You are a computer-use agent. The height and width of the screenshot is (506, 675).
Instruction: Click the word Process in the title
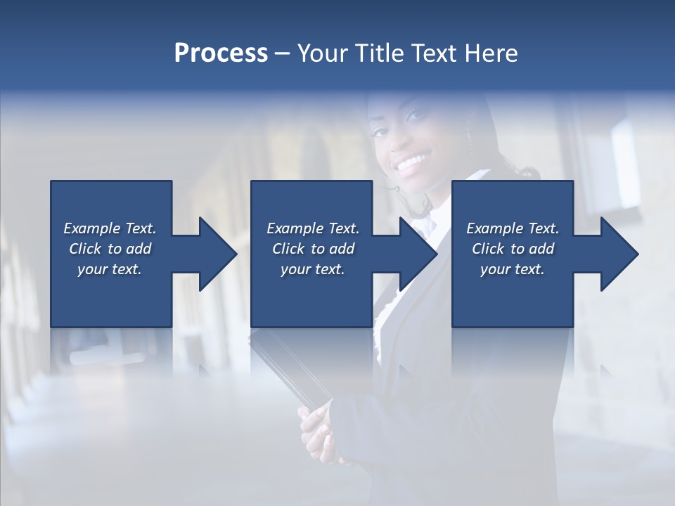coord(221,53)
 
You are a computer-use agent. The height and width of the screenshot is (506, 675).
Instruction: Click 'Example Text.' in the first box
coord(110,228)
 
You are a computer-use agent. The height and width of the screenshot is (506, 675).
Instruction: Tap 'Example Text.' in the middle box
coord(313,228)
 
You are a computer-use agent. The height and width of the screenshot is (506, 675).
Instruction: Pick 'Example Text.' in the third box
coord(513,228)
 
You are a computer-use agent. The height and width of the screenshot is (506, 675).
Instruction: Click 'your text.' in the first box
coord(110,270)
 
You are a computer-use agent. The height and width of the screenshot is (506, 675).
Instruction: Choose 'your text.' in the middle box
coord(313,270)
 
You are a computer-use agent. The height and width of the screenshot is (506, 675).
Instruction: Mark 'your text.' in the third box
coord(513,270)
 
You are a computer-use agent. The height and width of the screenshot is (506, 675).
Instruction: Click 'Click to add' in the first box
coord(110,249)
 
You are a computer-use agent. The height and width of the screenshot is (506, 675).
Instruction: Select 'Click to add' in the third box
coord(513,249)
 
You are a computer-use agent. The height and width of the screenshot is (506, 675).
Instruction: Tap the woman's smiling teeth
coord(413,164)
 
